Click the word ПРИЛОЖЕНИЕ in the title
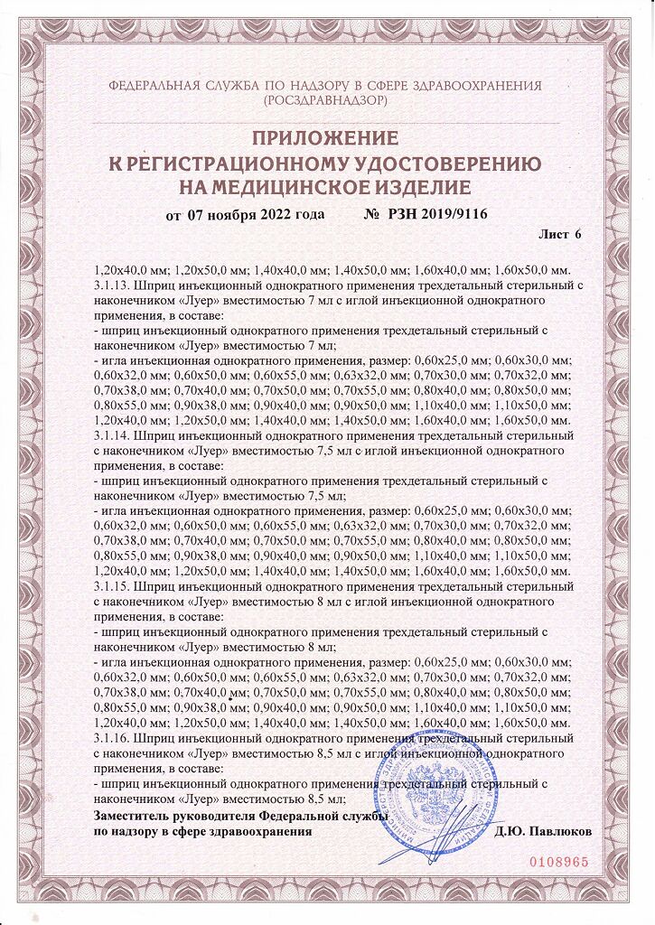(x=324, y=138)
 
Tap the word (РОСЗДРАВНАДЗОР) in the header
(x=325, y=101)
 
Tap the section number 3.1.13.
(x=111, y=285)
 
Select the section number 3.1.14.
(x=111, y=435)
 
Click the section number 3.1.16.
(x=111, y=738)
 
